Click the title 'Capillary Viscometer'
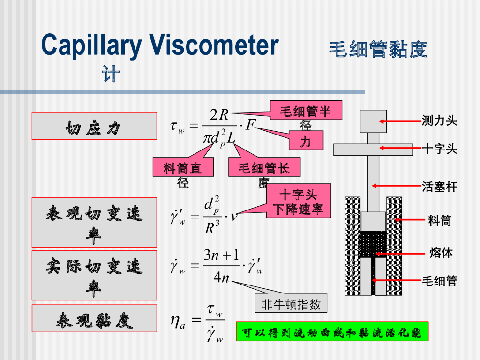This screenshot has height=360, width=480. point(160,45)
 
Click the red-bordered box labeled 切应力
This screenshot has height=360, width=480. point(94,126)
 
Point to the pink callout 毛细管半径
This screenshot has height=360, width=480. point(306,112)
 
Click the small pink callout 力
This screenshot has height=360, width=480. point(305,140)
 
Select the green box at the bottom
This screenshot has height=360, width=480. point(332,331)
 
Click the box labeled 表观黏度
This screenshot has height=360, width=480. point(94,319)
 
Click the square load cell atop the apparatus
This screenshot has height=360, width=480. point(373,121)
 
